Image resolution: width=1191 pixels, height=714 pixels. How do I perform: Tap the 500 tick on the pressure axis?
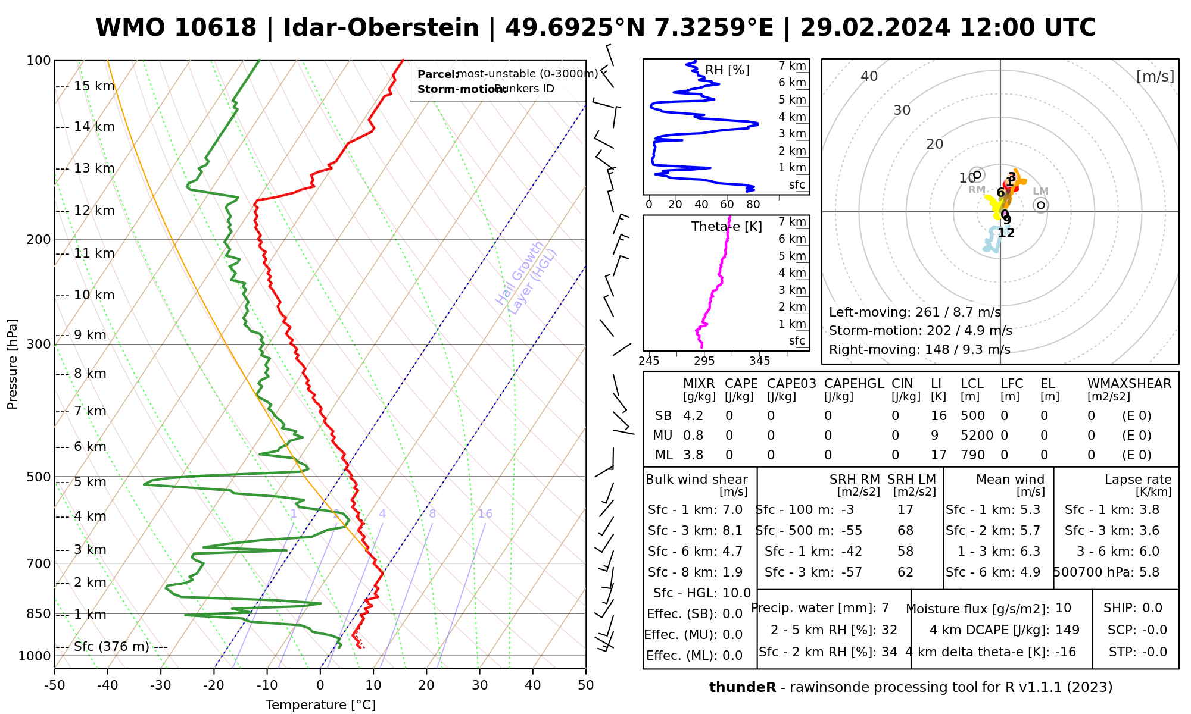click(x=39, y=477)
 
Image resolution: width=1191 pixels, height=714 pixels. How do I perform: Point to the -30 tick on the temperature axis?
click(x=161, y=685)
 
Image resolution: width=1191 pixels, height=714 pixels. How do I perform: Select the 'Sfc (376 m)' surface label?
click(x=112, y=647)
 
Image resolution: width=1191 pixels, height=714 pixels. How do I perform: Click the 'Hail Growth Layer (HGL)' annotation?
click(x=526, y=278)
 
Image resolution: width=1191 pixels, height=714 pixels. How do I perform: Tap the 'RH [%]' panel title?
click(x=727, y=70)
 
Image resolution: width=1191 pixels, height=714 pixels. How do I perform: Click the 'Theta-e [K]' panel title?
click(x=727, y=227)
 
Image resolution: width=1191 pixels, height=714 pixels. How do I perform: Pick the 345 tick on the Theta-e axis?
click(x=759, y=361)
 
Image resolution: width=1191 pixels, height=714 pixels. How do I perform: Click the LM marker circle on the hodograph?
click(x=1040, y=205)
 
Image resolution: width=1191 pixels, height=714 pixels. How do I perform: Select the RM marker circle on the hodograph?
click(x=977, y=175)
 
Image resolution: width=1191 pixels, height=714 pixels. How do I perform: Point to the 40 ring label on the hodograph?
click(x=869, y=76)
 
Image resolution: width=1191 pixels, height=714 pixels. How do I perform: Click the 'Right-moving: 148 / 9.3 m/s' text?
click(x=919, y=349)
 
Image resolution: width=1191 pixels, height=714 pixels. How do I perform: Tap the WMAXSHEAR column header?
click(x=1129, y=384)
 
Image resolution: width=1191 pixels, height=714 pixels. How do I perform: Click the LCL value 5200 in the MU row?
click(x=977, y=436)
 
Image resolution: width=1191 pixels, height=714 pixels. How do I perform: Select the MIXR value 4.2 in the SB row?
click(x=693, y=416)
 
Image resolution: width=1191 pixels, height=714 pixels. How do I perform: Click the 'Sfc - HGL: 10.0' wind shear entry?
click(x=701, y=593)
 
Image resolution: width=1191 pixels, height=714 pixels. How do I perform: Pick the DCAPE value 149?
click(x=1067, y=630)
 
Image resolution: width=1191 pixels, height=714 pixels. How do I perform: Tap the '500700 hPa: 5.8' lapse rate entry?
click(x=1106, y=572)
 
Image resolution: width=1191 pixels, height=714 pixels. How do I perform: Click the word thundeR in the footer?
click(x=742, y=688)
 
